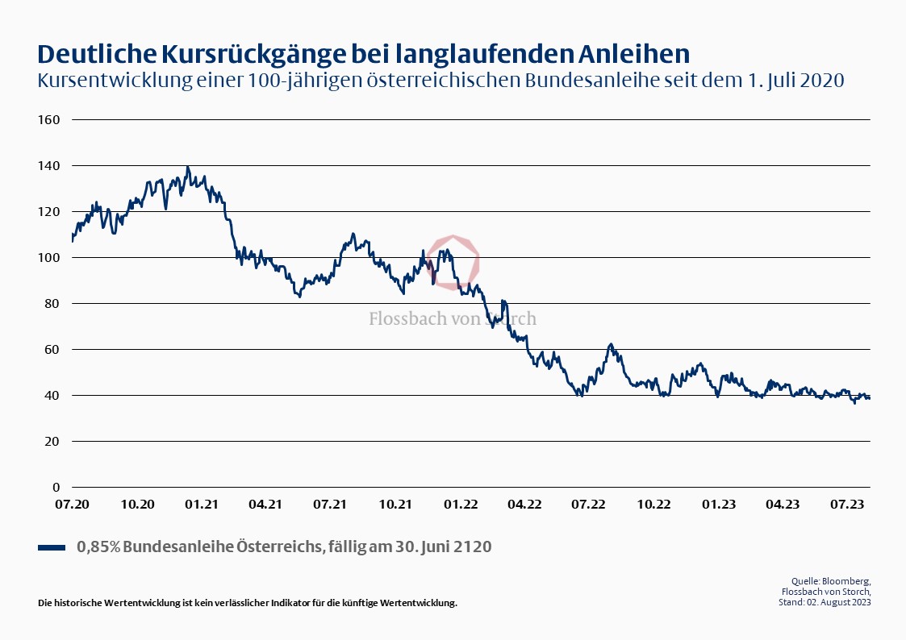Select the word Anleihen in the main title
coord(635,53)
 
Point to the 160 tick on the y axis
coord(49,119)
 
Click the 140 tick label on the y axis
coord(49,165)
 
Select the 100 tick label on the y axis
coord(49,257)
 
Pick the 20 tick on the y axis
coord(52,441)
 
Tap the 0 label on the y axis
coord(56,487)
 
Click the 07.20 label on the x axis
coord(72,504)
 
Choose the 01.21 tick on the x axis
coord(201,504)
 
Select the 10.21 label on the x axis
coord(395,504)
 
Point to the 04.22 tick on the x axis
coord(524,504)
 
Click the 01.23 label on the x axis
coord(718,504)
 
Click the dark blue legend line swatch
coord(52,547)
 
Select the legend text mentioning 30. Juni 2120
coord(284,546)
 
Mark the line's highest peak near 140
coord(188,168)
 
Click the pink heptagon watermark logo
coord(453,262)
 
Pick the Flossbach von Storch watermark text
coord(452,318)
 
